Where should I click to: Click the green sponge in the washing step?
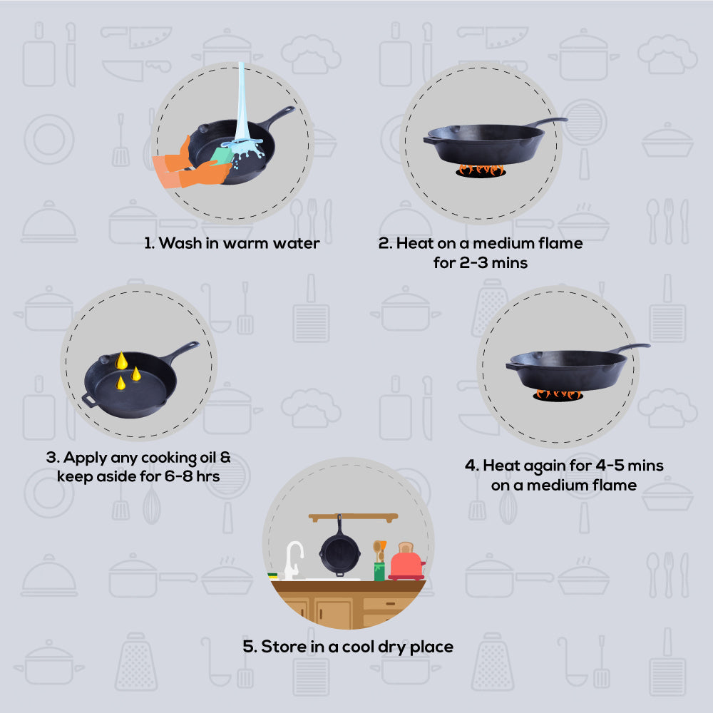click(222, 155)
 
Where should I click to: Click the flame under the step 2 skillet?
click(481, 170)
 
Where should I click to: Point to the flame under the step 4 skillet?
click(558, 394)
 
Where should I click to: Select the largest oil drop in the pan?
click(121, 361)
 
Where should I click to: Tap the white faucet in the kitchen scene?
click(293, 560)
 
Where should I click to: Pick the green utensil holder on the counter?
click(379, 571)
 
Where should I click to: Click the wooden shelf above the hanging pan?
click(353, 517)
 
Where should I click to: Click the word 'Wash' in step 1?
click(180, 243)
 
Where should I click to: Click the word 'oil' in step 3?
click(207, 457)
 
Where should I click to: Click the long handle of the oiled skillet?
click(181, 352)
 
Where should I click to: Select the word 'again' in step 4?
click(543, 466)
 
